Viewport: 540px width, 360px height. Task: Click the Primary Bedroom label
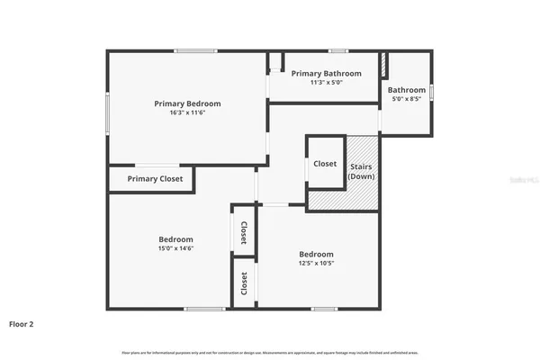[x=187, y=103]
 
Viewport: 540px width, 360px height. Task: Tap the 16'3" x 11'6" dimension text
[x=187, y=113]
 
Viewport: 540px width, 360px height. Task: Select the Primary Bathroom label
[x=326, y=73]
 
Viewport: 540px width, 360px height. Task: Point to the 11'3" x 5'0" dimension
[x=326, y=82]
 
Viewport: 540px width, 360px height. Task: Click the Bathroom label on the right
[x=407, y=90]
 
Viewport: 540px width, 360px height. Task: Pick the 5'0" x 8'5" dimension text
[x=407, y=99]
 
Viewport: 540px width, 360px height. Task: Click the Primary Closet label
[x=155, y=179]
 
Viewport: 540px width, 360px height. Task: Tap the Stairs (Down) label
[x=361, y=172]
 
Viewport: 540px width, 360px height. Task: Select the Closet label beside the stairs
[x=325, y=164]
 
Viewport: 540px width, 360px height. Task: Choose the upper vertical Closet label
[x=244, y=233]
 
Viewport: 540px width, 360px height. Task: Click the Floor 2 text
[x=22, y=323]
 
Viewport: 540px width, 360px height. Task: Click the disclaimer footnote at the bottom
[x=270, y=351]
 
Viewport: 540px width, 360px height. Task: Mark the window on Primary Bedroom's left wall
[x=108, y=114]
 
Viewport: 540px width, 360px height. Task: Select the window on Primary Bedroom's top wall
[x=189, y=50]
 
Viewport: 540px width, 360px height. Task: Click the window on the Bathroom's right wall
[x=432, y=91]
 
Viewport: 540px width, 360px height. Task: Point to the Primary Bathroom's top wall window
[x=337, y=50]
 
